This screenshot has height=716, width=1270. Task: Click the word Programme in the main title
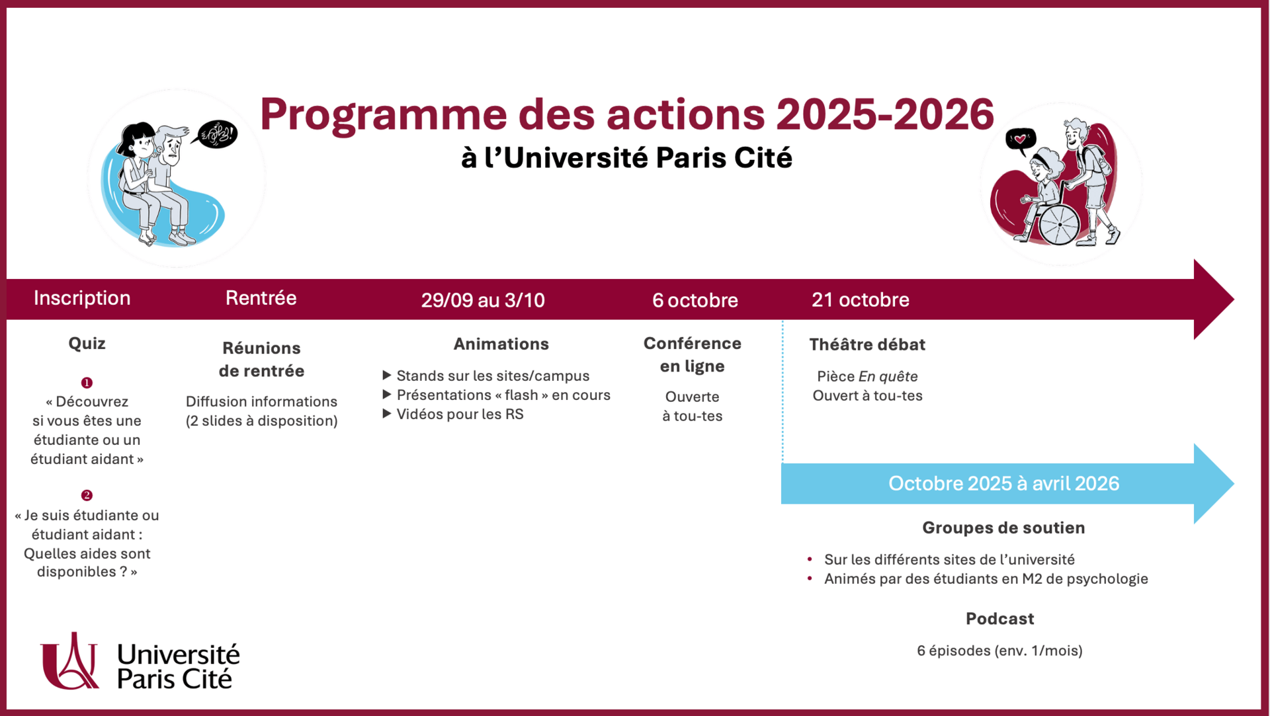click(x=383, y=115)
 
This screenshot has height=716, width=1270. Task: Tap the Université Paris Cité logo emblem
click(x=69, y=660)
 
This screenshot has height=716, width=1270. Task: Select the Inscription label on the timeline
click(x=82, y=298)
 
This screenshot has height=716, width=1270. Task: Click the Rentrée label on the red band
click(x=261, y=298)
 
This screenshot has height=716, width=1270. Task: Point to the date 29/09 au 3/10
click(x=483, y=300)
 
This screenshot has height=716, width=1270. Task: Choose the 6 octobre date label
click(x=695, y=300)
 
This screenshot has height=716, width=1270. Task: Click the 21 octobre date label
click(x=861, y=299)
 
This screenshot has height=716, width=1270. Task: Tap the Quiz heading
click(x=87, y=343)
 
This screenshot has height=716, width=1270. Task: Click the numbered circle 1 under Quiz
click(x=87, y=383)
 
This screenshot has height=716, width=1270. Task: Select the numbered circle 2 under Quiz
click(x=87, y=495)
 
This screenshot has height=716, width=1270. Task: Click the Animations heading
click(x=501, y=344)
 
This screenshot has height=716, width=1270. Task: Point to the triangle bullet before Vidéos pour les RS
click(x=387, y=414)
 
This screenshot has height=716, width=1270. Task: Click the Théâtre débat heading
click(x=867, y=344)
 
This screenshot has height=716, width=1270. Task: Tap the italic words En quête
click(x=888, y=376)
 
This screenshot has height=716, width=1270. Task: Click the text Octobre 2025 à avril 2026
click(x=1003, y=483)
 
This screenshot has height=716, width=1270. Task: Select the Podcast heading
click(x=999, y=619)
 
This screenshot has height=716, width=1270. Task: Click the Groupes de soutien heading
click(x=1003, y=528)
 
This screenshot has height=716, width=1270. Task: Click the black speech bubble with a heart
click(x=1021, y=140)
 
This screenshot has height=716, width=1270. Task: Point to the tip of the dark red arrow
click(x=1234, y=299)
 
